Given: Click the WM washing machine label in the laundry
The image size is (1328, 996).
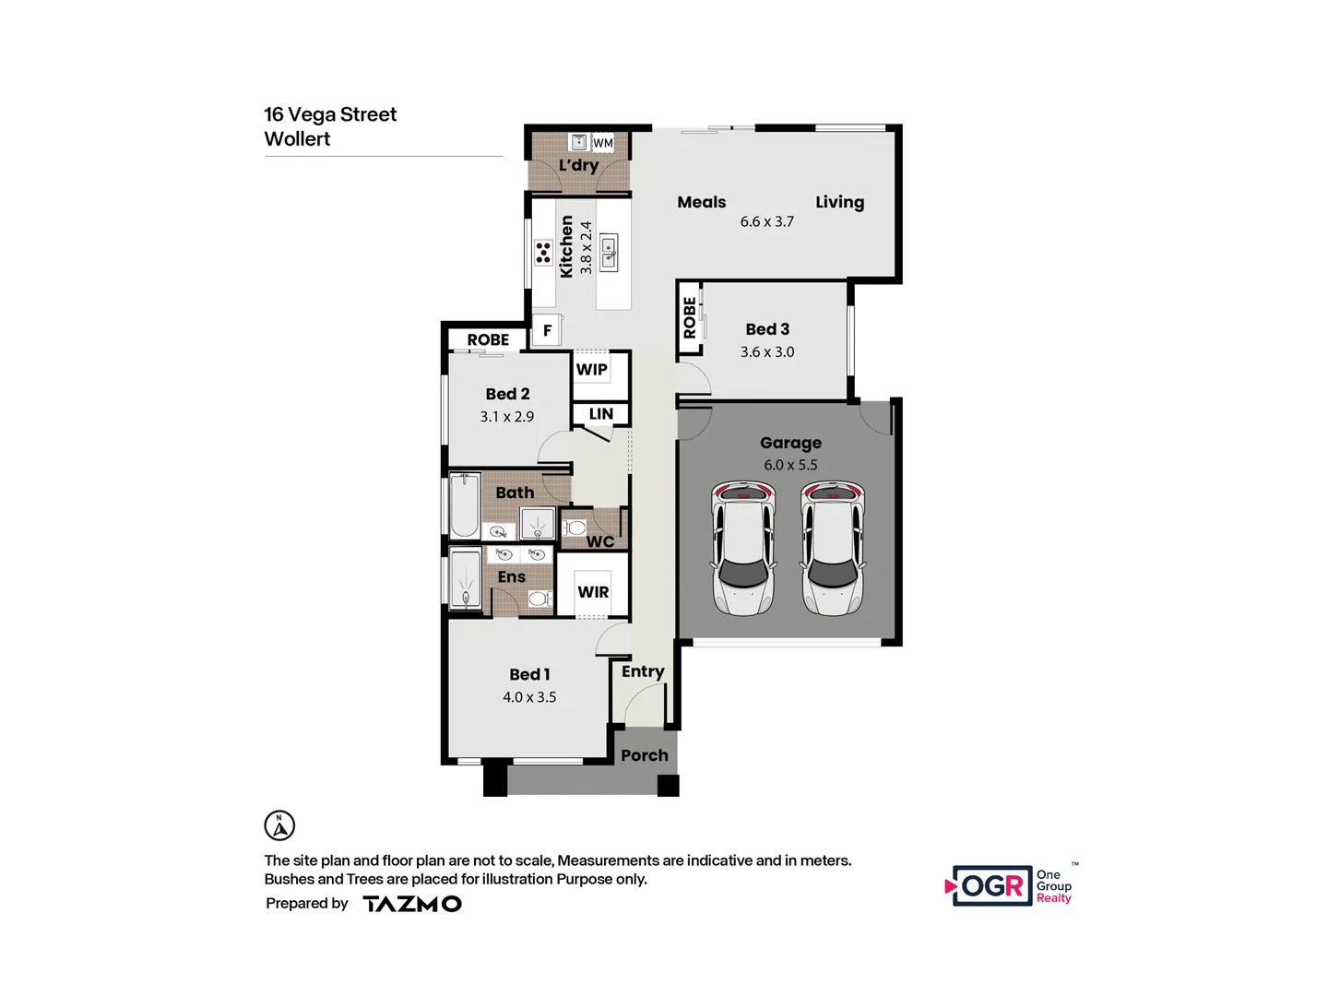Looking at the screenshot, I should (x=602, y=143).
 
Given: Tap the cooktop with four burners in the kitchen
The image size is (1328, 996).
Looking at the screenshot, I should (x=543, y=253).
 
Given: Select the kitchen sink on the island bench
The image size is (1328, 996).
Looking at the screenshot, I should (x=609, y=253).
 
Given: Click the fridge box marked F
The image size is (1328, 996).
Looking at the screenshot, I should (x=547, y=330).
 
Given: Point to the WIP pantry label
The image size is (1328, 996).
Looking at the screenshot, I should (x=591, y=369).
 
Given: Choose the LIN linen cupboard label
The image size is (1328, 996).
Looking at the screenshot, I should (x=600, y=414).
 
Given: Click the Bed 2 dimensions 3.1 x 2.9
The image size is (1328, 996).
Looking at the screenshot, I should (x=506, y=417).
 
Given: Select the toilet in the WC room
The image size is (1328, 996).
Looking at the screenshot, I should (x=575, y=528).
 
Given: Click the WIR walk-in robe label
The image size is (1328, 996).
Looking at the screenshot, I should (x=593, y=592).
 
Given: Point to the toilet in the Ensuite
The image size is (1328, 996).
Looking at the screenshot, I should (x=539, y=599).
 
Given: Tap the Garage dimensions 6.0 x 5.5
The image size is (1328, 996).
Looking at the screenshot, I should (x=790, y=465).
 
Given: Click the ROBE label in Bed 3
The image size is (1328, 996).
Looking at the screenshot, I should (x=690, y=317).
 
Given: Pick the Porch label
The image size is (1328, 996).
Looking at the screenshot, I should (x=644, y=755).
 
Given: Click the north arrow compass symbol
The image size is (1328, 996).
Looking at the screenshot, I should (x=279, y=825).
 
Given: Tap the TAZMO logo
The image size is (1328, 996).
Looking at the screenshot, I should (x=412, y=904).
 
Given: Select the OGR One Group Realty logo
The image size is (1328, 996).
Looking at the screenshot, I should (x=1011, y=885).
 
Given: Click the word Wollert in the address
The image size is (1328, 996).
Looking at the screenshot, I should (x=297, y=139).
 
